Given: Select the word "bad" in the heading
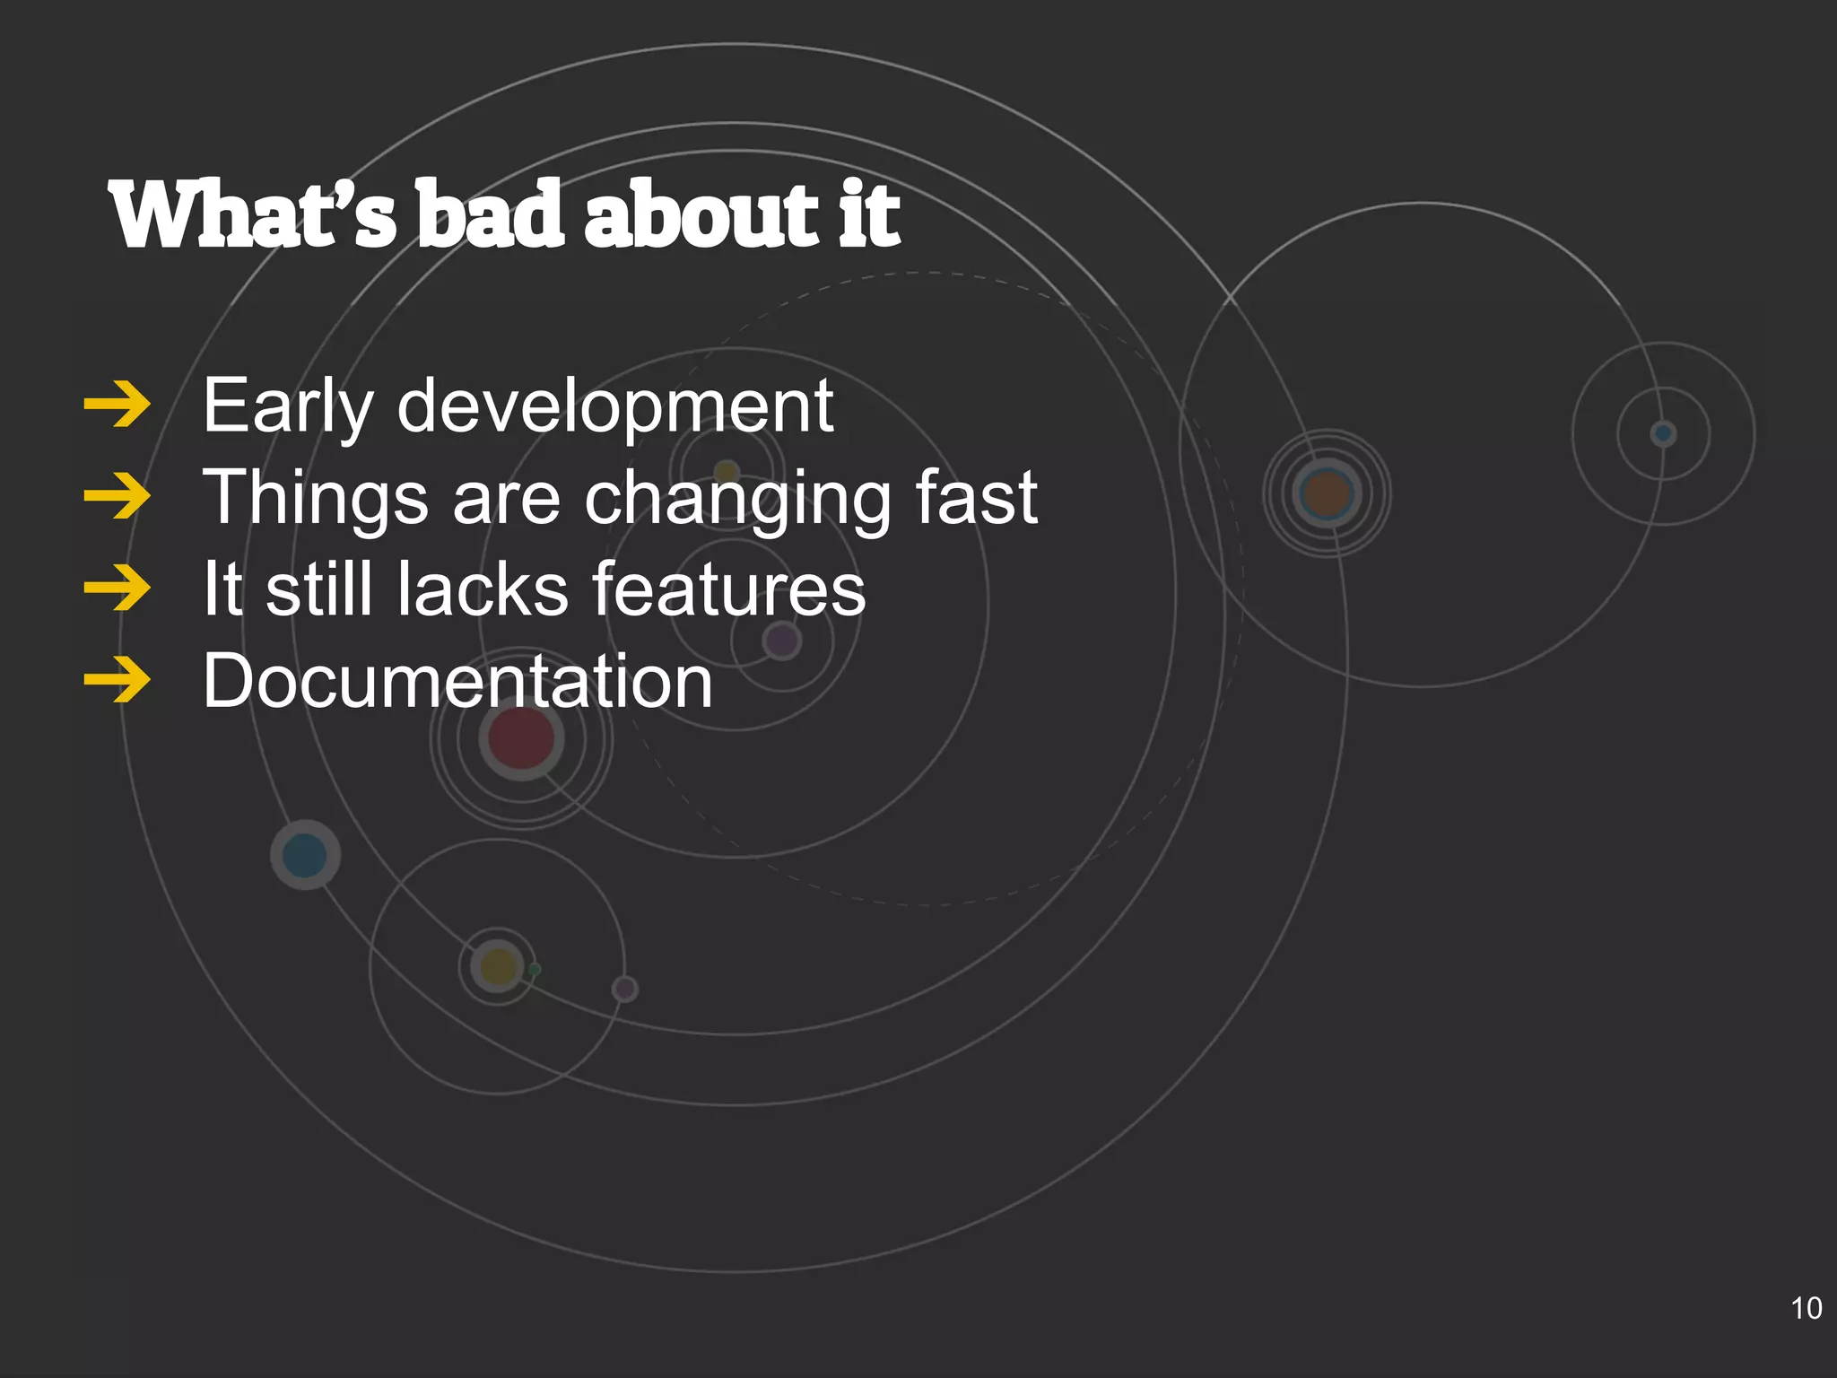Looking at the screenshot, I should tap(492, 215).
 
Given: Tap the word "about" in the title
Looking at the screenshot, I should tap(701, 215).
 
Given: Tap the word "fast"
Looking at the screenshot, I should tap(976, 499).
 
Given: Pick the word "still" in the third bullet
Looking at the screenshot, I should tap(319, 589).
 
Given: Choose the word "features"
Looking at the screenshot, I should tap(728, 589).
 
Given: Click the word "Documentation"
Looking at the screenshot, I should tap(457, 682).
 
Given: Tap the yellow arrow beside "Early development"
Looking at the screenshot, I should tap(118, 406).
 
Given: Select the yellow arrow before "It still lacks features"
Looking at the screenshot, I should tap(118, 589).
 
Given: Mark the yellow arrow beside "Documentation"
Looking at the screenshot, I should tap(118, 681).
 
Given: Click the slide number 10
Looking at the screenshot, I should tap(1806, 1308).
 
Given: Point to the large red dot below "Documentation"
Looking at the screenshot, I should tap(521, 738).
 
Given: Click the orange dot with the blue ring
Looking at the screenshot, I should tap(1327, 493).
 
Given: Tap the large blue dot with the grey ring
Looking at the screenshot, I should tap(305, 855).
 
